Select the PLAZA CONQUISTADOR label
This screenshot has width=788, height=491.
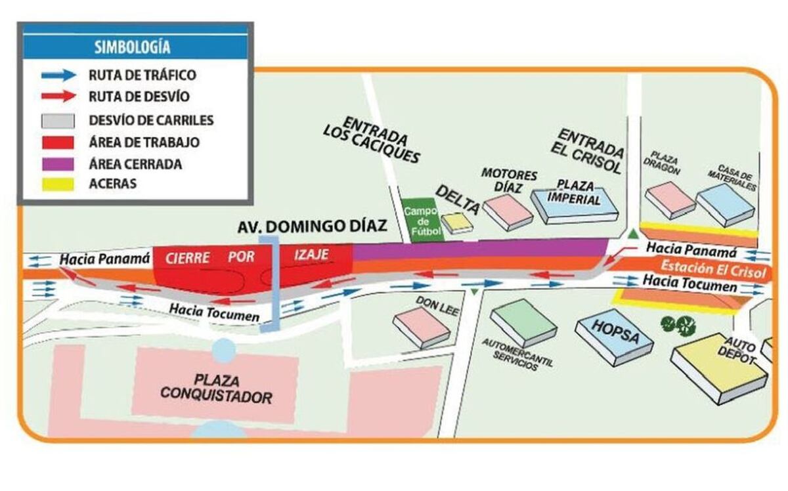(216, 389)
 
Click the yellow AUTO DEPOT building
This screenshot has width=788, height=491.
(720, 368)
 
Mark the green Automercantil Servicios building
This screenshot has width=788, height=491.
(523, 322)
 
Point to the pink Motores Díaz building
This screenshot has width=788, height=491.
(508, 212)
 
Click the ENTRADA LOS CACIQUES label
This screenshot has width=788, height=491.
(372, 139)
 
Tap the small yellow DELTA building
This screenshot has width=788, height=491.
(457, 223)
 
